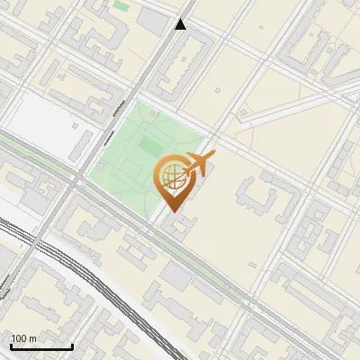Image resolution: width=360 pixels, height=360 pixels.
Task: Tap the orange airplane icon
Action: tap(198, 165)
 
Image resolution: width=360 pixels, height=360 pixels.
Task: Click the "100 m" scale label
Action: tap(24, 338)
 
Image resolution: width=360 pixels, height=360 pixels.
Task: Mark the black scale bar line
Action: tap(41, 346)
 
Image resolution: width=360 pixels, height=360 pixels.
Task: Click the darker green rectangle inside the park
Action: tap(146, 147)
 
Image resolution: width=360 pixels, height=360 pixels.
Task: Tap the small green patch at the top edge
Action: tap(121, 6)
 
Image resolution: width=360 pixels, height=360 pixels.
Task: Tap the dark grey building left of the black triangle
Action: tap(155, 20)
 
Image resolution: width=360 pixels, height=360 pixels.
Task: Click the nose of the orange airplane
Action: tap(213, 157)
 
